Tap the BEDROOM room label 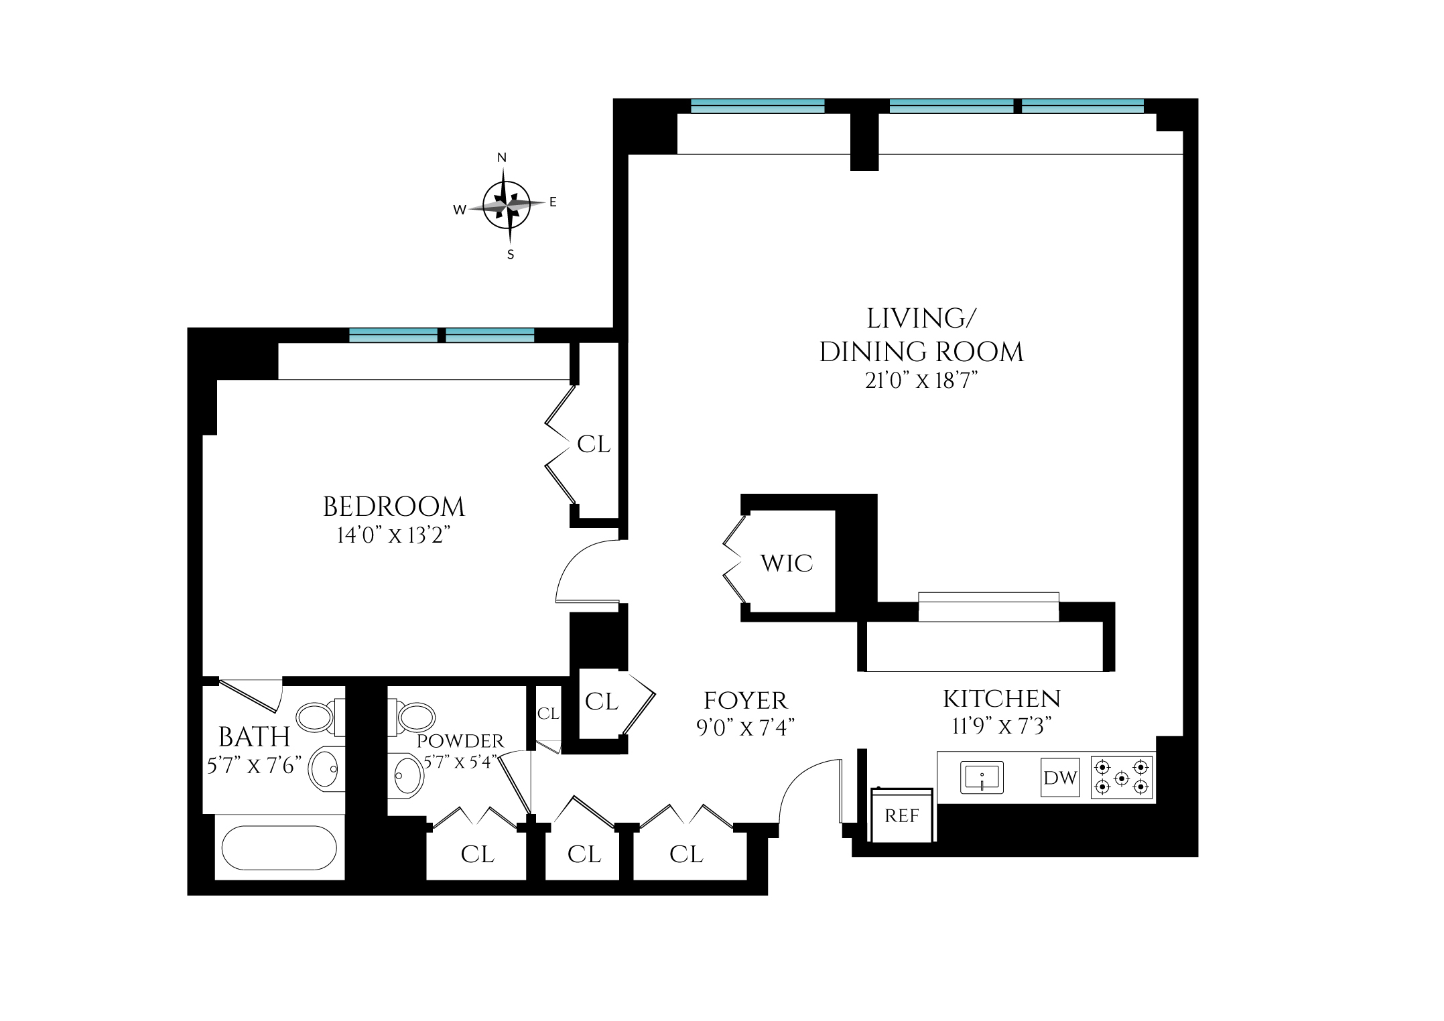[x=393, y=507]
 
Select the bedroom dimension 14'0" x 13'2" [x=392, y=536]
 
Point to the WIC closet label [x=787, y=563]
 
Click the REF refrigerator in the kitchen [x=901, y=815]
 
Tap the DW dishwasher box [x=1060, y=778]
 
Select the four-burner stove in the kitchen [x=1122, y=777]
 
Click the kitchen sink [x=982, y=777]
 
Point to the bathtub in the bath [x=279, y=847]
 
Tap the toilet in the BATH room [x=320, y=718]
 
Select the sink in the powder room [x=406, y=776]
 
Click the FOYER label [x=745, y=701]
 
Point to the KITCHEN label [x=1002, y=699]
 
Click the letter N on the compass [x=502, y=157]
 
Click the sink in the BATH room [x=326, y=769]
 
